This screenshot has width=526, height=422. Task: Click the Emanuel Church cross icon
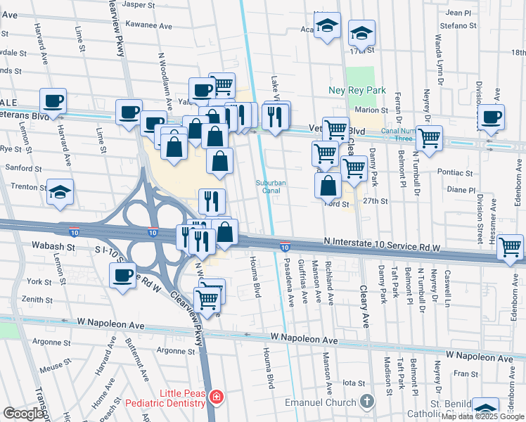click(366, 402)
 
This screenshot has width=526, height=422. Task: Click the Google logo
click(24, 414)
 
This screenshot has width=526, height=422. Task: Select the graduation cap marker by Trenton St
click(60, 191)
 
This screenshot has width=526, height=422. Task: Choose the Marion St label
click(371, 110)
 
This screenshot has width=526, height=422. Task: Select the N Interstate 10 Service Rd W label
click(382, 241)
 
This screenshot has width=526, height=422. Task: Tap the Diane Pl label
click(461, 190)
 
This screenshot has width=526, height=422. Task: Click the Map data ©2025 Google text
click(482, 416)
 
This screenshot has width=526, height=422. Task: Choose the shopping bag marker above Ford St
click(328, 186)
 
